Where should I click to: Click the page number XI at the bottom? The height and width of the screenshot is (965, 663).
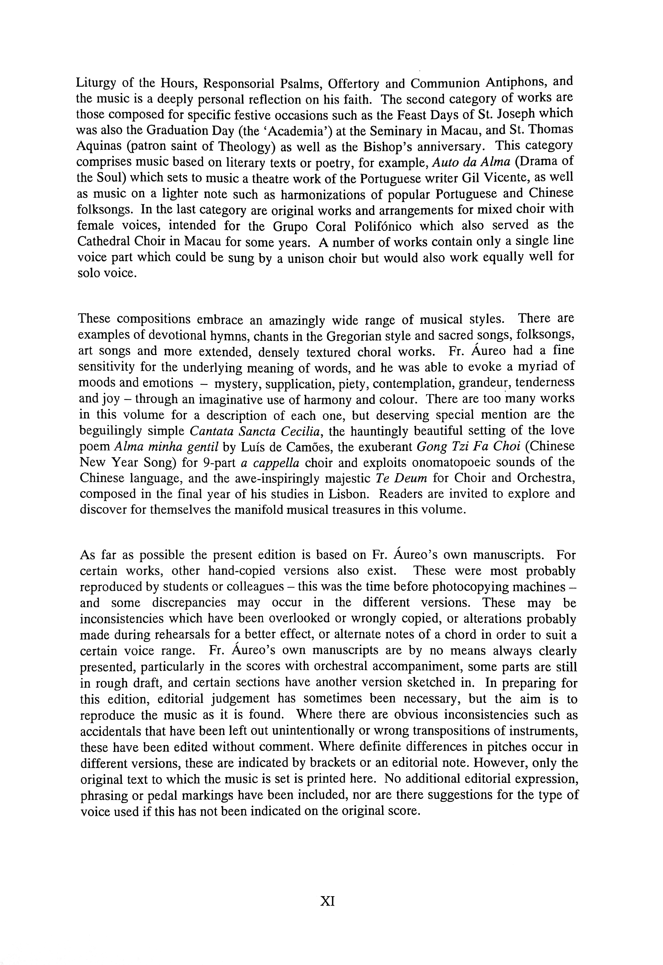(x=328, y=901)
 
